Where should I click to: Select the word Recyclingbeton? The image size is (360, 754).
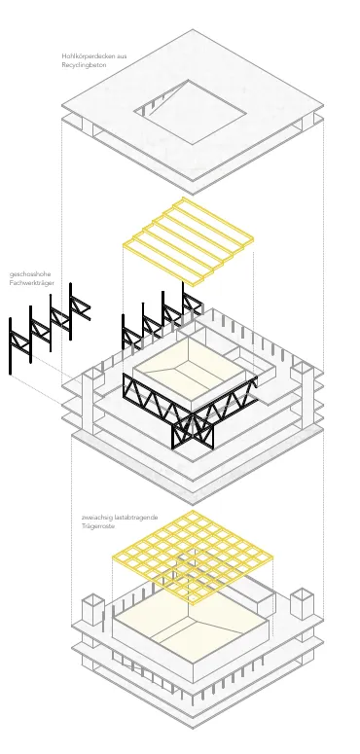pyautogui.click(x=84, y=65)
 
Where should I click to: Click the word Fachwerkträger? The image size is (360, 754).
pyautogui.click(x=32, y=283)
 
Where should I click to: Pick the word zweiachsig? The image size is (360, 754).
pyautogui.click(x=97, y=518)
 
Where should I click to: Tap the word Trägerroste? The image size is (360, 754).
pyautogui.click(x=98, y=526)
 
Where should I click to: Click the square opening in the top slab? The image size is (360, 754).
pyautogui.click(x=190, y=112)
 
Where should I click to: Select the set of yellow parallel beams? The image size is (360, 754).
pyautogui.click(x=189, y=241)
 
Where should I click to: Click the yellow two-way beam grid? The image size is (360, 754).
pyautogui.click(x=193, y=557)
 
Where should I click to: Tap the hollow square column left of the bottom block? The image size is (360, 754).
pyautogui.click(x=93, y=610)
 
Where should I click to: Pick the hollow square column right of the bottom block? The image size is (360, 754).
pyautogui.click(x=303, y=603)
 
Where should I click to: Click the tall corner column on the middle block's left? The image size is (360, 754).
pyautogui.click(x=88, y=401)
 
